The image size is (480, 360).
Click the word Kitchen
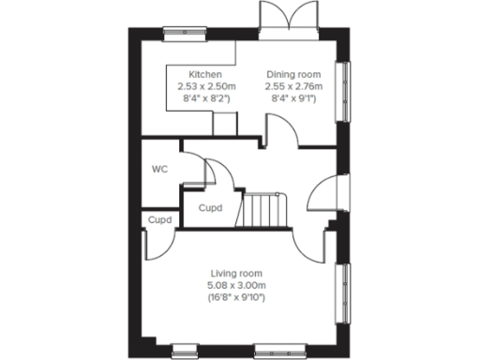(204, 74)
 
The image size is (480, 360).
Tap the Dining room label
(293, 74)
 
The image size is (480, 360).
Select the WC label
(159, 170)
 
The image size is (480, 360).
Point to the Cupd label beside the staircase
(211, 208)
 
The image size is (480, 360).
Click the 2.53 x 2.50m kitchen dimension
(204, 85)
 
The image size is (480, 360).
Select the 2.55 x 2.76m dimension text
(293, 85)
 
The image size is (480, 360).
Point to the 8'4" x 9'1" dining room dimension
(293, 97)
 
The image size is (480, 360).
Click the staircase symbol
(262, 209)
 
